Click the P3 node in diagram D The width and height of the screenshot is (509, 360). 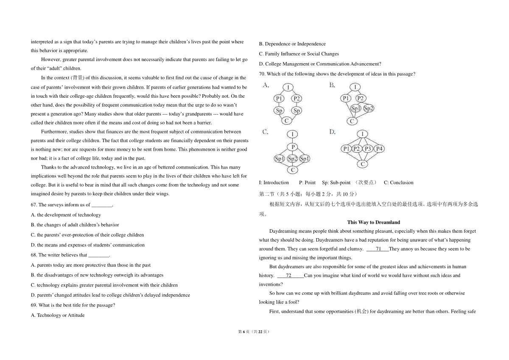(x=368, y=149)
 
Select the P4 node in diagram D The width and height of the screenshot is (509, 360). (x=379, y=149)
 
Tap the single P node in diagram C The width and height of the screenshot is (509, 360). (x=293, y=147)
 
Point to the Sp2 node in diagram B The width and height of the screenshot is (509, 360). (x=369, y=108)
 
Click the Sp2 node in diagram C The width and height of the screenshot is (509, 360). (x=293, y=159)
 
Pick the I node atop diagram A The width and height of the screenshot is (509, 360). (x=288, y=87)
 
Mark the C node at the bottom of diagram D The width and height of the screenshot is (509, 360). (x=363, y=164)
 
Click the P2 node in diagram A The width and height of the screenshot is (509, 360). (x=297, y=98)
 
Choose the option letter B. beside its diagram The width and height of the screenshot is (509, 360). (x=332, y=85)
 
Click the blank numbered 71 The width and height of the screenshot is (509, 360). (x=378, y=249)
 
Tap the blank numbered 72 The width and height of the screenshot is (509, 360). (x=288, y=276)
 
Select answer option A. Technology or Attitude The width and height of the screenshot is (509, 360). (x=58, y=315)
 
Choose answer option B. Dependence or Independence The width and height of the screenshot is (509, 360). (x=292, y=44)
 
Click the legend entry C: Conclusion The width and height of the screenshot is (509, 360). (x=398, y=183)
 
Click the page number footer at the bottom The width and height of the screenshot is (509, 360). (x=254, y=332)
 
